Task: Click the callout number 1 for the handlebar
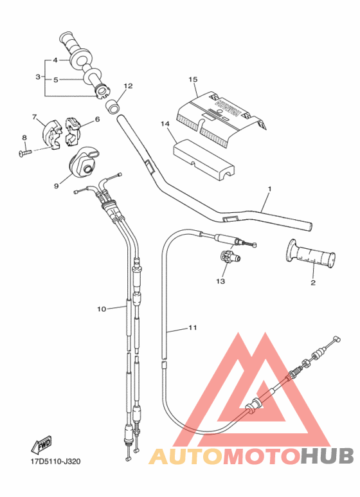click(x=270, y=189)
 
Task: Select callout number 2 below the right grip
click(x=313, y=282)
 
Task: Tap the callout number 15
click(x=192, y=79)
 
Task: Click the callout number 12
click(x=128, y=86)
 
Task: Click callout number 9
click(x=56, y=186)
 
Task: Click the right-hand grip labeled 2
click(x=310, y=255)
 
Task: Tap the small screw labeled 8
click(x=26, y=152)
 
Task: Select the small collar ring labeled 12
click(x=113, y=104)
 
